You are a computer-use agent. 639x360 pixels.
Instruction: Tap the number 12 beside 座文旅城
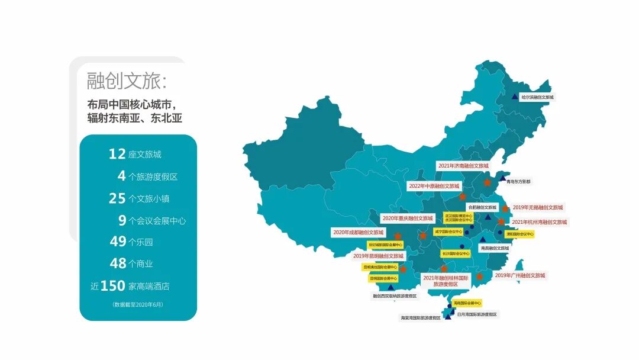[117, 154]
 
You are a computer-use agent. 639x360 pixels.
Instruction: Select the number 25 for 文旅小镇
[117, 198]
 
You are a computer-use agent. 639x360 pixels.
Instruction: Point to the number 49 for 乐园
[118, 242]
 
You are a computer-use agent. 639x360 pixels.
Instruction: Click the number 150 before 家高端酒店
[112, 286]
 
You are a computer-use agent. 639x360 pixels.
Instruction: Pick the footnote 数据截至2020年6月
[137, 304]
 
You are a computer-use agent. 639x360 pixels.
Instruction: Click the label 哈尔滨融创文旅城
[537, 97]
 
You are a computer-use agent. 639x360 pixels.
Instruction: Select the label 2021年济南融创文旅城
[463, 166]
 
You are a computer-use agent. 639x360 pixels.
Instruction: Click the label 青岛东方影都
[519, 182]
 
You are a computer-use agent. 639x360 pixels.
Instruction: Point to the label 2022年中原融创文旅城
[434, 186]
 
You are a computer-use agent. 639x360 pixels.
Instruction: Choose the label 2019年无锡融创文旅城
[538, 208]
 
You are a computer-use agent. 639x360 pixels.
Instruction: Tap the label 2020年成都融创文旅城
[359, 233]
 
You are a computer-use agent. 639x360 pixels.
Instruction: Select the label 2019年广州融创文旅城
[519, 275]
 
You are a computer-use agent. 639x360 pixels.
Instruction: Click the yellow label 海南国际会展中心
[466, 303]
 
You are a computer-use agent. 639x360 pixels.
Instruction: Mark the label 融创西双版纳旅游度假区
[395, 295]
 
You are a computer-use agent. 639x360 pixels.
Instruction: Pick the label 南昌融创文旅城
[495, 248]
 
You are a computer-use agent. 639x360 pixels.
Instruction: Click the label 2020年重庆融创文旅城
[408, 218]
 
